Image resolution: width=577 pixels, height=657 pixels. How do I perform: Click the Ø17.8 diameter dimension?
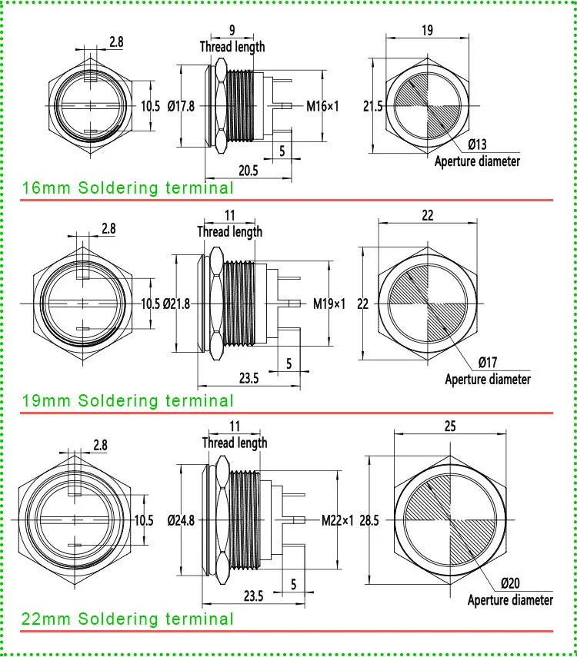(x=181, y=106)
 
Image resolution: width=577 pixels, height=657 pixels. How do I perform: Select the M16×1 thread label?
(x=322, y=106)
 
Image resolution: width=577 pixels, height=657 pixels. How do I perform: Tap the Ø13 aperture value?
(x=477, y=144)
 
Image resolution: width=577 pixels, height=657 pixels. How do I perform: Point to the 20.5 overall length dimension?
(x=248, y=171)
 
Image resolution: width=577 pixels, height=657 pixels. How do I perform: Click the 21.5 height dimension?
(x=373, y=106)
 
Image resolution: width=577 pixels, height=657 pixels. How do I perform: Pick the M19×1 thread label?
(x=329, y=304)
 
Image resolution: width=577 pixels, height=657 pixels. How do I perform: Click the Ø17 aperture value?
(x=488, y=362)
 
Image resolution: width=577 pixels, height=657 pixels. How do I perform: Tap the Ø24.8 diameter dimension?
(x=181, y=520)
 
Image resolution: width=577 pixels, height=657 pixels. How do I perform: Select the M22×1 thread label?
(x=338, y=520)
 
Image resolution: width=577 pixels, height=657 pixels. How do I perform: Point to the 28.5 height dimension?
(x=369, y=520)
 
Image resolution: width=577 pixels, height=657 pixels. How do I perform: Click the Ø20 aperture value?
(x=510, y=582)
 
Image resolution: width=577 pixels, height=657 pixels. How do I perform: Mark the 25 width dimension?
(x=450, y=426)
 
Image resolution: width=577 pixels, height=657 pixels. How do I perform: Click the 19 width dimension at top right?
(x=427, y=30)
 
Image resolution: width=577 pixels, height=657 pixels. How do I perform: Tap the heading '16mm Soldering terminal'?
(x=128, y=187)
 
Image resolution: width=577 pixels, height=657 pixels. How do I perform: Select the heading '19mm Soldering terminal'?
(x=128, y=400)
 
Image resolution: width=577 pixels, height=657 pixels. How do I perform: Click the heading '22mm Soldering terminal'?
(x=128, y=619)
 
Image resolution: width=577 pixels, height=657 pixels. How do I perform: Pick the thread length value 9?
(x=232, y=30)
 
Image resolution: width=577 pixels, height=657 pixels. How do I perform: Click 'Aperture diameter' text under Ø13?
(x=477, y=161)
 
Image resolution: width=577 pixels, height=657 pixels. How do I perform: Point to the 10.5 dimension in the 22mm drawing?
(x=144, y=520)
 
